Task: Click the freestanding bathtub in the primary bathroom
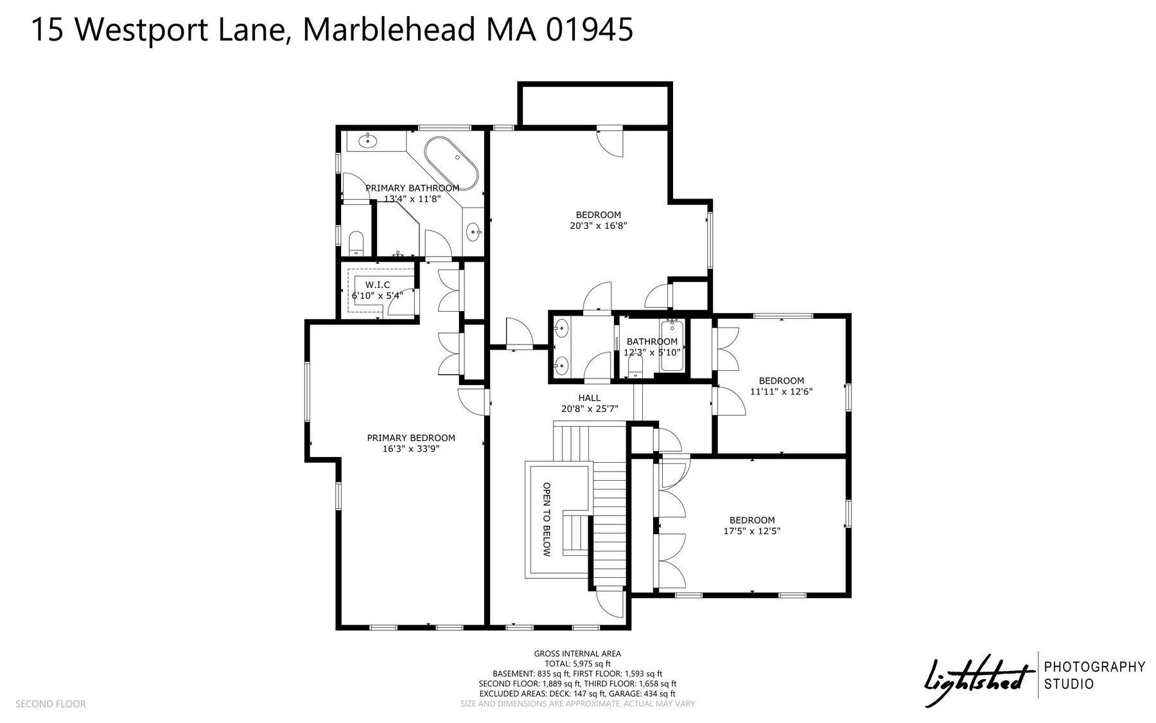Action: coord(451,163)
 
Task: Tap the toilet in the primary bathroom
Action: coord(356,243)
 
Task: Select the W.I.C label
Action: coord(378,285)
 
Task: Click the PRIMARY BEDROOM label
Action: coord(411,438)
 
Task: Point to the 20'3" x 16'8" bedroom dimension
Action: coord(598,226)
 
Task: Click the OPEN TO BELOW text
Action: coord(547,519)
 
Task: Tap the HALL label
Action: coord(590,398)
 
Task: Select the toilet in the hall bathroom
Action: coord(635,366)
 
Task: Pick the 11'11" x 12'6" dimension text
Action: coord(782,391)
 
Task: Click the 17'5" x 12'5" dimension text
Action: coord(752,531)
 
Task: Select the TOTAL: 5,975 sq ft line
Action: coord(577,664)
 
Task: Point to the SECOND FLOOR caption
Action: coord(50,704)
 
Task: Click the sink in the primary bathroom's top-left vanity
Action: coord(368,140)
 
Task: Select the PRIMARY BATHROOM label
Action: coord(412,188)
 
